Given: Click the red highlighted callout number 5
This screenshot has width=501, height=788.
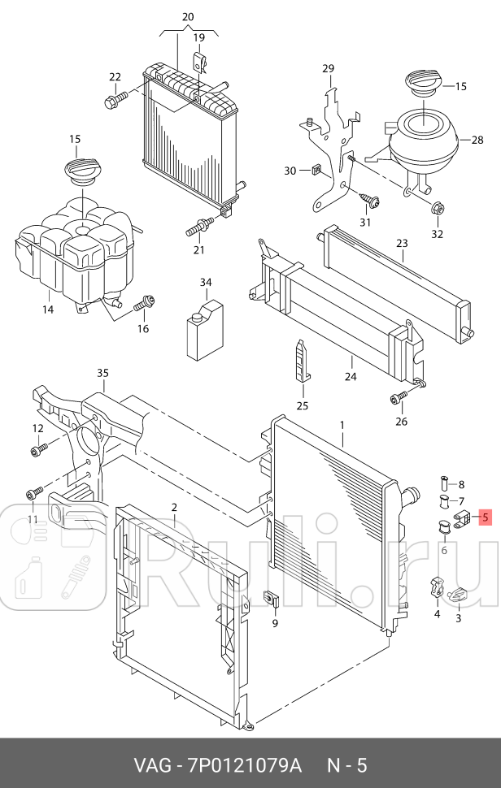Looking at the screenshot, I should click(485, 516).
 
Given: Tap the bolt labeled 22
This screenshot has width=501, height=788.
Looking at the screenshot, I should click(115, 101).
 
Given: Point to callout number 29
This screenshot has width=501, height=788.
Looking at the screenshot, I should click(328, 68).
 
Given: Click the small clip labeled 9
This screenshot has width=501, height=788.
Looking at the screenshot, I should click(273, 600).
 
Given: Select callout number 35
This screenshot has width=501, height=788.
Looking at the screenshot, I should click(102, 374).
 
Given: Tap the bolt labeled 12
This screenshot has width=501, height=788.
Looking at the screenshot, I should click(40, 448).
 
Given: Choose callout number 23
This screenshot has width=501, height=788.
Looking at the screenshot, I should click(402, 243).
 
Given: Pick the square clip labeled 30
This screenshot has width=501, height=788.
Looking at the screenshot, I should click(317, 171).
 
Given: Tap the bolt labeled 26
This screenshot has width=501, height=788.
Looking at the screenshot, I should click(398, 397).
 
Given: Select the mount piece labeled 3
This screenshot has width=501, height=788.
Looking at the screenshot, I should click(458, 597).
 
